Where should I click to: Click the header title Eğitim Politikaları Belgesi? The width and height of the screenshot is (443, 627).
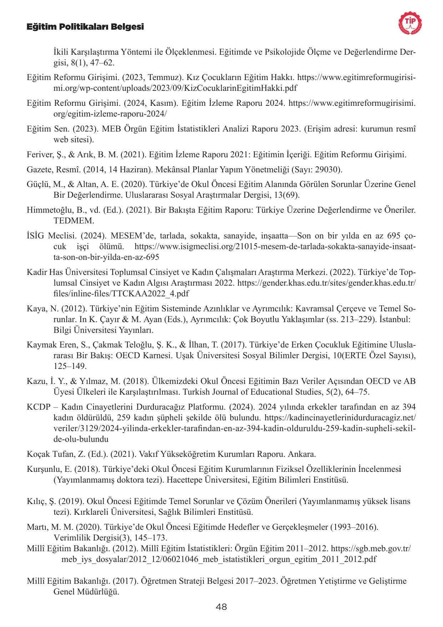(85, 27)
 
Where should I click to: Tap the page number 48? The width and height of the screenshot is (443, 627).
(221, 607)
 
